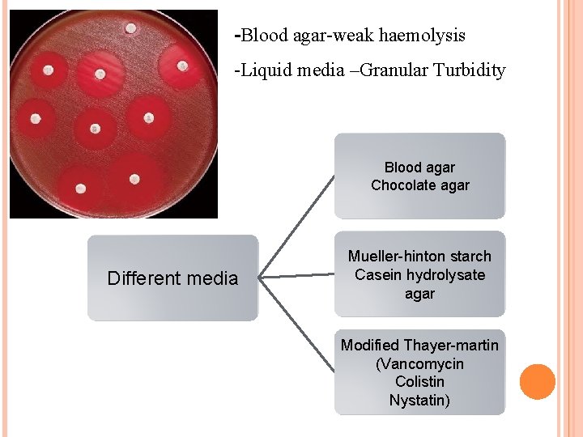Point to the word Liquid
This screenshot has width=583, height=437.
(266, 70)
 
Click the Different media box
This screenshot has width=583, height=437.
(172, 278)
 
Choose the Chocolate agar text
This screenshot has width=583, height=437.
(419, 185)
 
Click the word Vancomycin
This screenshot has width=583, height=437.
(419, 363)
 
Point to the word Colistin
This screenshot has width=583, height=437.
(419, 382)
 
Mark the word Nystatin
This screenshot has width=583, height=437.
(419, 401)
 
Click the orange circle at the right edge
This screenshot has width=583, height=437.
(537, 381)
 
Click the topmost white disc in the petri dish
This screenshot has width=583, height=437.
(131, 28)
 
